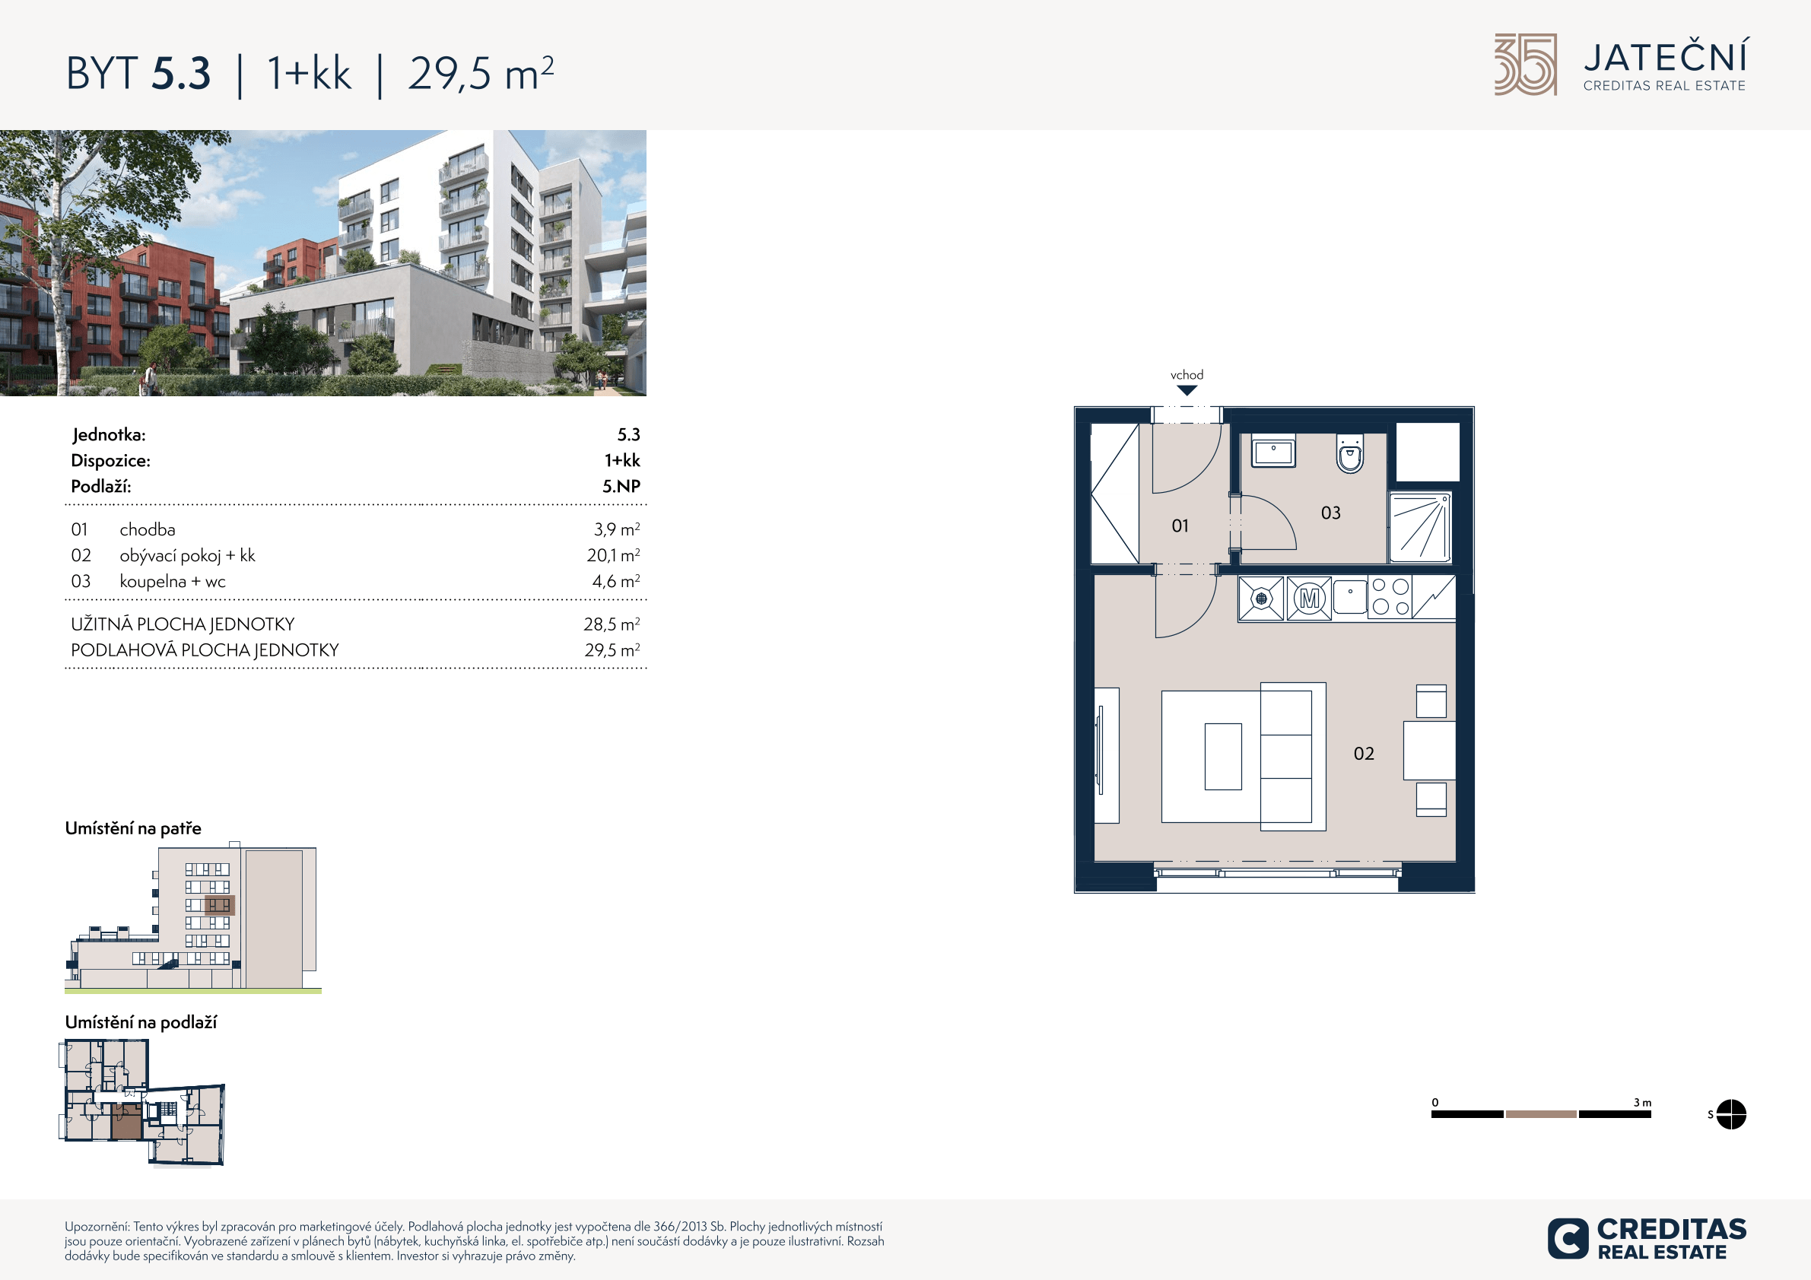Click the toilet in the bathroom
tap(1349, 453)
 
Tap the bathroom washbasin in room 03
tap(1273, 450)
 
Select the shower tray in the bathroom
tap(1420, 528)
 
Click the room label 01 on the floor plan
tap(1180, 526)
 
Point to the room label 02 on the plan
tap(1364, 754)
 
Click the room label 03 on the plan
tap(1330, 513)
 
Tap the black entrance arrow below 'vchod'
tap(1187, 390)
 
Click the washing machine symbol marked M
tap(1309, 599)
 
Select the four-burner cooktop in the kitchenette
tap(1390, 597)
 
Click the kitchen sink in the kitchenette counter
tap(1350, 596)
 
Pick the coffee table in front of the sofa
tap(1222, 756)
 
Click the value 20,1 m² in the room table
tap(613, 555)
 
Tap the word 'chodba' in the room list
tap(148, 530)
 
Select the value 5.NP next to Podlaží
tap(621, 487)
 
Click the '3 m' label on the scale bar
tap(1642, 1103)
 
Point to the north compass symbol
tap(1730, 1114)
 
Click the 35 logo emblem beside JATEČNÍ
tap(1526, 65)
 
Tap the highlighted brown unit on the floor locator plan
tap(126, 1122)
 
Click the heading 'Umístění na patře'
tap(133, 828)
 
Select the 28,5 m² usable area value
tap(612, 624)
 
